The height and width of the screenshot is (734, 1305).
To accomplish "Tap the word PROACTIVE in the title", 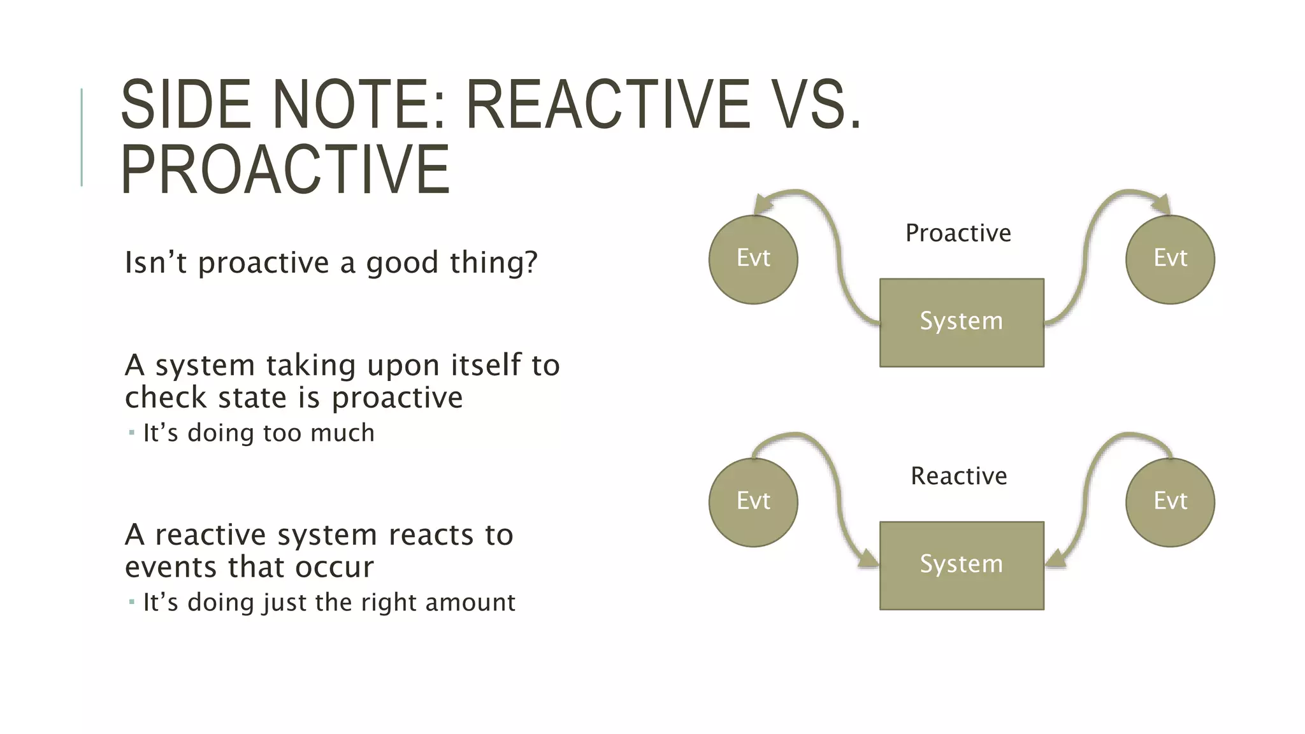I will pos(285,169).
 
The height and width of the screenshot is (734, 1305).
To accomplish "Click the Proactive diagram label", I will pos(958,233).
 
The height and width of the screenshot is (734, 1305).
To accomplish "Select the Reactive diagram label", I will pos(958,476).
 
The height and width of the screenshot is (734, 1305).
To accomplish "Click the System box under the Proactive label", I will pos(962,322).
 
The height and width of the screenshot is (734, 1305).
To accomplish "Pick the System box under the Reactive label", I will pos(962,565).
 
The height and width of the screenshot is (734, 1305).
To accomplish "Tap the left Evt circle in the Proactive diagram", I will pos(753,259).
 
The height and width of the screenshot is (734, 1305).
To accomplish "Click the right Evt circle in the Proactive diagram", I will pos(1170,259).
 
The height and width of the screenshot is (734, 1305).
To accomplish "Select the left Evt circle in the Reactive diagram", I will pos(753,502).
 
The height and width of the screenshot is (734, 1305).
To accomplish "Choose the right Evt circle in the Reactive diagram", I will pos(1170,502).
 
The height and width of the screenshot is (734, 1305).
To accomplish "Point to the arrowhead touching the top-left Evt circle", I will pos(762,205).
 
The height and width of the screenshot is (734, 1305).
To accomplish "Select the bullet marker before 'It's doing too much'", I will pos(131,433).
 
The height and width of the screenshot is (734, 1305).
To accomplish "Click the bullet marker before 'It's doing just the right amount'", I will pos(131,602).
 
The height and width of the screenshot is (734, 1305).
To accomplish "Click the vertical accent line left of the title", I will pos(82,137).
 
